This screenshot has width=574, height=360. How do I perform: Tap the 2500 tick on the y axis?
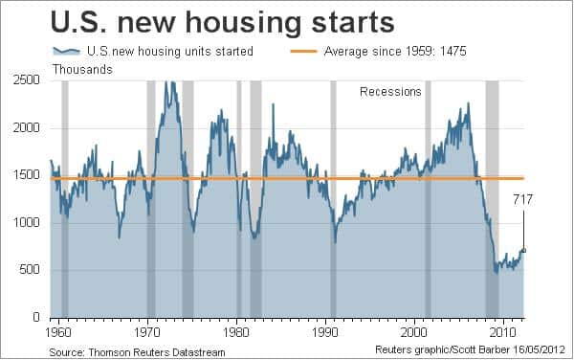tap(29, 81)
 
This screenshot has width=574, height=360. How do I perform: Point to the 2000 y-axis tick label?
tap(29, 128)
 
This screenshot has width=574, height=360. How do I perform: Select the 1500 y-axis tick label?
tap(29, 176)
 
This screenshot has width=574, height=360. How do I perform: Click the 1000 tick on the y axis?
tap(29, 223)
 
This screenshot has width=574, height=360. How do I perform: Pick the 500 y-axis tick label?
tap(33, 270)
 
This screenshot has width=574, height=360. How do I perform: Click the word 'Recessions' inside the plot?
tap(390, 92)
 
